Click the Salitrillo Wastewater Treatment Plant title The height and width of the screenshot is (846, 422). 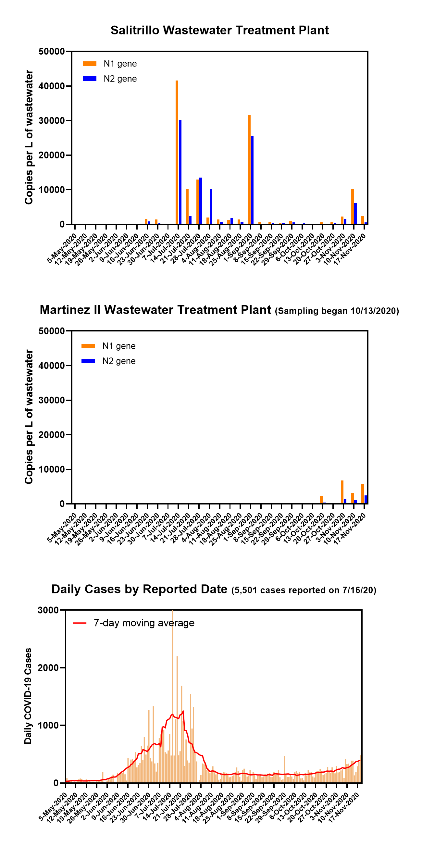219,30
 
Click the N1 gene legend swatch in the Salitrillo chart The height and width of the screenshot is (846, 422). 89,64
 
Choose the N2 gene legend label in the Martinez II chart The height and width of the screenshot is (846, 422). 119,361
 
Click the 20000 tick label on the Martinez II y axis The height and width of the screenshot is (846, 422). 52,435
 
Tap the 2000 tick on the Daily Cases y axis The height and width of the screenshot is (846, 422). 48,668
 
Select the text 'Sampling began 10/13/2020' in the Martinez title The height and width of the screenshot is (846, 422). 337,311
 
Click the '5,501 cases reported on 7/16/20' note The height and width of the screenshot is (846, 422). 304,590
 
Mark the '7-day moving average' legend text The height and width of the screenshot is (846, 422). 144,623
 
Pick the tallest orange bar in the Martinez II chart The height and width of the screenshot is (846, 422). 342,492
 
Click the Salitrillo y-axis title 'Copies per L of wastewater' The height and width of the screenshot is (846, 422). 29,137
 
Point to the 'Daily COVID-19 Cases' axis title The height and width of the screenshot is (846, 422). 28,696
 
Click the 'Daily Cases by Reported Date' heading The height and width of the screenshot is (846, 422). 139,589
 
